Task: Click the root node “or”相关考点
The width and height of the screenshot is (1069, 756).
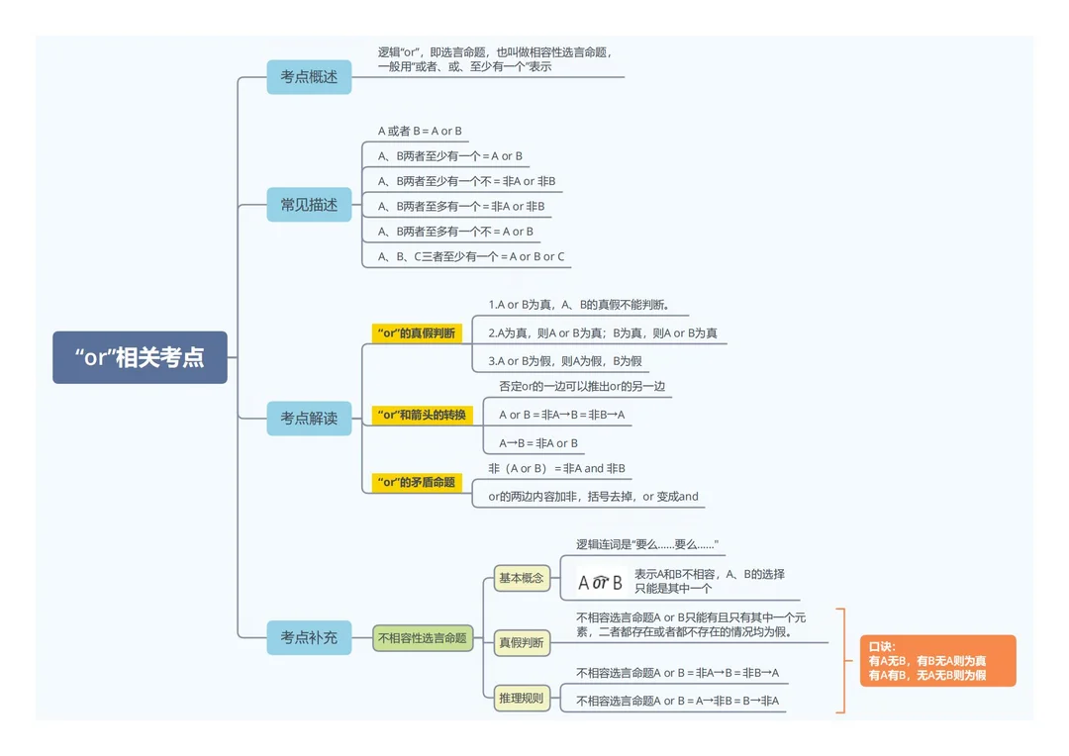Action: pyautogui.click(x=140, y=357)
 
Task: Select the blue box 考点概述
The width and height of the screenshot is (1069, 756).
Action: pyautogui.click(x=309, y=77)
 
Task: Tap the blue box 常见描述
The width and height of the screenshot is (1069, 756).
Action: pyautogui.click(x=309, y=205)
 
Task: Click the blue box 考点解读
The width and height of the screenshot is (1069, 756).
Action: pyautogui.click(x=309, y=418)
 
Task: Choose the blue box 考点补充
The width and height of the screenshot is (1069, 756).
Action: pyautogui.click(x=309, y=637)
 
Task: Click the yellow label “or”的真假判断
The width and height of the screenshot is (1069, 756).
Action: pyautogui.click(x=417, y=333)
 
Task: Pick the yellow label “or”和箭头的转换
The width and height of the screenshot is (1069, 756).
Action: pyautogui.click(x=422, y=415)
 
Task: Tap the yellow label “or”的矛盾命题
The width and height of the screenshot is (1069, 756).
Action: pyautogui.click(x=417, y=482)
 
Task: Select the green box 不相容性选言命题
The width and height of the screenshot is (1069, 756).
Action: pyautogui.click(x=423, y=638)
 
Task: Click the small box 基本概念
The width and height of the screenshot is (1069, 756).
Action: pyautogui.click(x=522, y=578)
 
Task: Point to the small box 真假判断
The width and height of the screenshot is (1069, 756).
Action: pyautogui.click(x=522, y=642)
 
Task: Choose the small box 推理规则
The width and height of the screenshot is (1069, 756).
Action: pyautogui.click(x=522, y=698)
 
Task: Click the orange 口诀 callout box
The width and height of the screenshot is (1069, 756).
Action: pyautogui.click(x=938, y=661)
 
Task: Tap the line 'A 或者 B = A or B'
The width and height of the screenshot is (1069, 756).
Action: pyautogui.click(x=420, y=131)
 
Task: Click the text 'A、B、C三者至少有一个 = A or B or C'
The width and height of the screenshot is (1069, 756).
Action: pyautogui.click(x=471, y=257)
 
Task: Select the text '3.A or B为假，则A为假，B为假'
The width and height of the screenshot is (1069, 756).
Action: pyautogui.click(x=565, y=361)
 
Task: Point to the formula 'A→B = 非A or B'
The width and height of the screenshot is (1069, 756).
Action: pyautogui.click(x=538, y=443)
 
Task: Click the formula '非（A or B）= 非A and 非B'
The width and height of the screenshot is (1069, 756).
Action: pyautogui.click(x=556, y=468)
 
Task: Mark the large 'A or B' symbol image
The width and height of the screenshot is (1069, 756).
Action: pyautogui.click(x=601, y=582)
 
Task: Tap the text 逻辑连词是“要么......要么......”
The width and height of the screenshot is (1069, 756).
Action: pyautogui.click(x=647, y=544)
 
